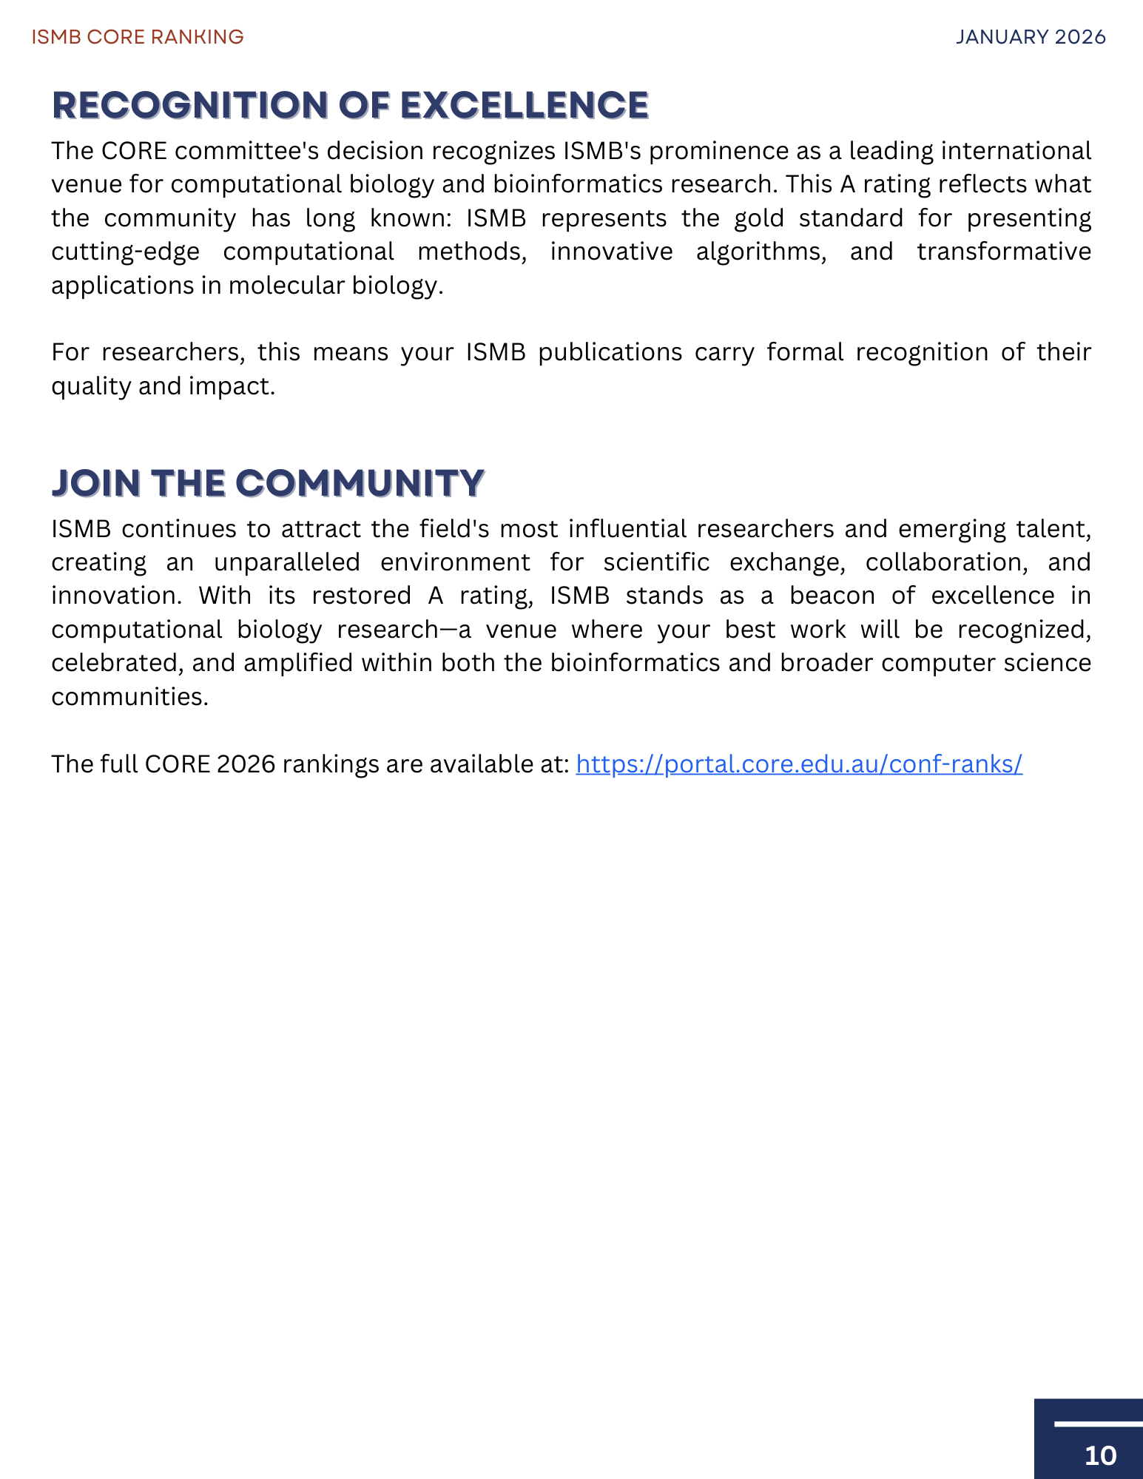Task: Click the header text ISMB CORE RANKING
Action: pyautogui.click(x=138, y=37)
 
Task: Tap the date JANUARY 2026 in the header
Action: pyautogui.click(x=1031, y=37)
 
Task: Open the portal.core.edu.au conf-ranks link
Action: pyautogui.click(x=799, y=764)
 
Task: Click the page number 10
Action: pyautogui.click(x=1100, y=1455)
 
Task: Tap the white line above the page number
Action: pyautogui.click(x=1098, y=1423)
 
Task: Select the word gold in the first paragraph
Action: pyautogui.click(x=758, y=218)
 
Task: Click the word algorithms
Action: pyautogui.click(x=761, y=252)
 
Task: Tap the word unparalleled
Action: pyautogui.click(x=286, y=562)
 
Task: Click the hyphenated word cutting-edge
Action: pyautogui.click(x=125, y=252)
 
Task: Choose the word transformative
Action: pyautogui.click(x=1004, y=252)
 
